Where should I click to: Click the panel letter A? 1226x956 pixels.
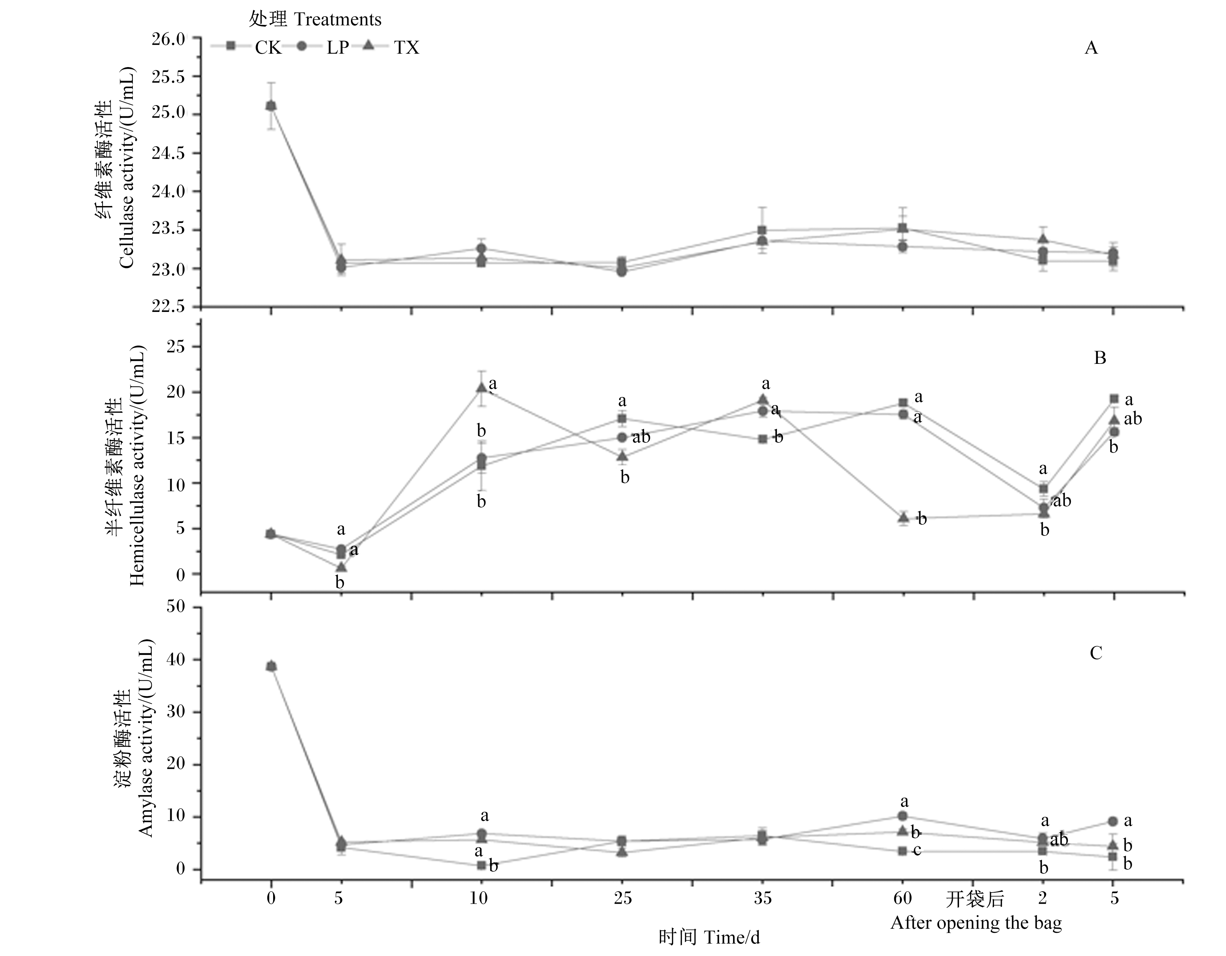1091,48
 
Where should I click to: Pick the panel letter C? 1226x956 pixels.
1096,653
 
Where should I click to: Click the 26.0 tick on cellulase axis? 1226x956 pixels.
168,39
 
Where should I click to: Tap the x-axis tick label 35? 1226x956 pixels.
762,899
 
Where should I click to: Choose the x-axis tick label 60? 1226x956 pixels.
902,899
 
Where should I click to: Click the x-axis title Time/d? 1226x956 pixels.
709,937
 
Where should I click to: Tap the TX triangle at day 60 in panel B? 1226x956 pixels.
903,517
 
